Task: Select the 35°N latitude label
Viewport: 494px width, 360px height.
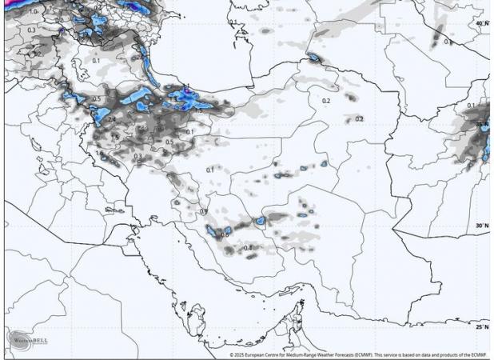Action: (x=482, y=124)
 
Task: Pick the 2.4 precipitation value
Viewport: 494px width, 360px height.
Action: (x=111, y=119)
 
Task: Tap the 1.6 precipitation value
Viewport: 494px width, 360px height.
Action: (x=99, y=153)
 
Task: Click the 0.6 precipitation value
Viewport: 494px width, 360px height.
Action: (x=225, y=234)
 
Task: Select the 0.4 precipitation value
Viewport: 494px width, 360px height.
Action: (x=248, y=248)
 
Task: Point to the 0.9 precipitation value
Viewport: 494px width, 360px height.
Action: (x=204, y=211)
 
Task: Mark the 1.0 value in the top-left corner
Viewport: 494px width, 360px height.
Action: (x=33, y=12)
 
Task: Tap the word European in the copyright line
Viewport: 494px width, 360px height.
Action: (x=263, y=354)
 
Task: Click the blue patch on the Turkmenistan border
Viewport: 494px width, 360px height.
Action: (x=313, y=57)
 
